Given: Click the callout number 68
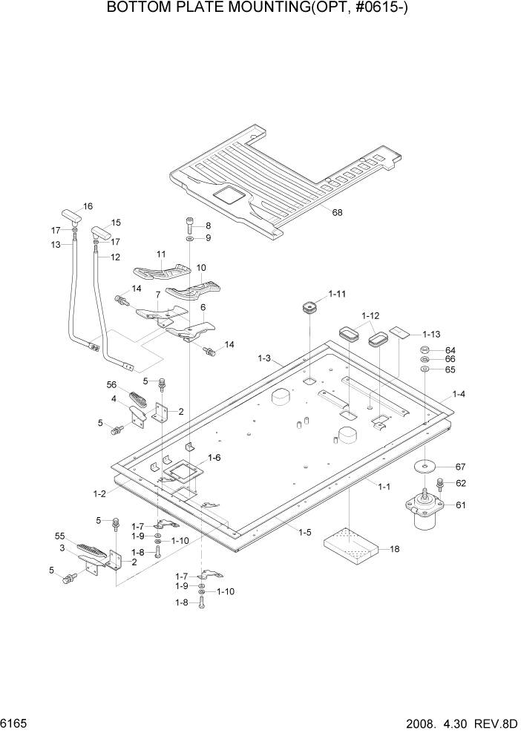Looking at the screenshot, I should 337,213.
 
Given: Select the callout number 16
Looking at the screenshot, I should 88,206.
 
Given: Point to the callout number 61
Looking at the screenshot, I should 461,505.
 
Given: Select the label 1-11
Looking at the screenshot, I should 336,295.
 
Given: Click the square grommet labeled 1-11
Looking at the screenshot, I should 308,306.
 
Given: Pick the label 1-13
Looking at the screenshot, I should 431,334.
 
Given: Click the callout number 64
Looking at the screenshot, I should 450,350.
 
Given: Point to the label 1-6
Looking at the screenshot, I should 214,458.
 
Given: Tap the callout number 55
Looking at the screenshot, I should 61,536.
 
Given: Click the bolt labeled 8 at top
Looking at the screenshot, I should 191,223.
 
